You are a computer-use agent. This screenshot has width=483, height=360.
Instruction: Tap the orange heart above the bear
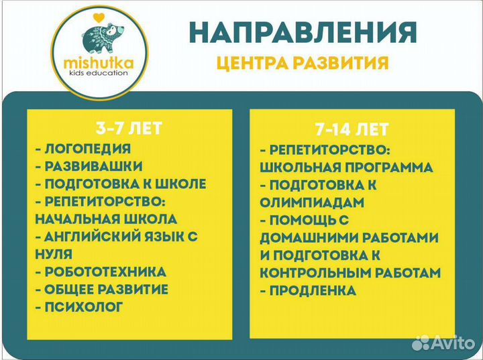(98, 15)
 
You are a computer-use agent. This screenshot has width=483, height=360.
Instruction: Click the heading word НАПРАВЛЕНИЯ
(303, 32)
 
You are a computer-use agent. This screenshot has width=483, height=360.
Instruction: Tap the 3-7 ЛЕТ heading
(129, 127)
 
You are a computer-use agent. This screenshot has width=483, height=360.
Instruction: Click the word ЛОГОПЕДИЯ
(87, 149)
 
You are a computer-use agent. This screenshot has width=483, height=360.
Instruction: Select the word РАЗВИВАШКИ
(93, 166)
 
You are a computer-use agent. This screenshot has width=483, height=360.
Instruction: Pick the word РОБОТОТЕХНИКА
(105, 272)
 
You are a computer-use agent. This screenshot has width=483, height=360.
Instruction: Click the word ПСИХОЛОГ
(84, 307)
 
